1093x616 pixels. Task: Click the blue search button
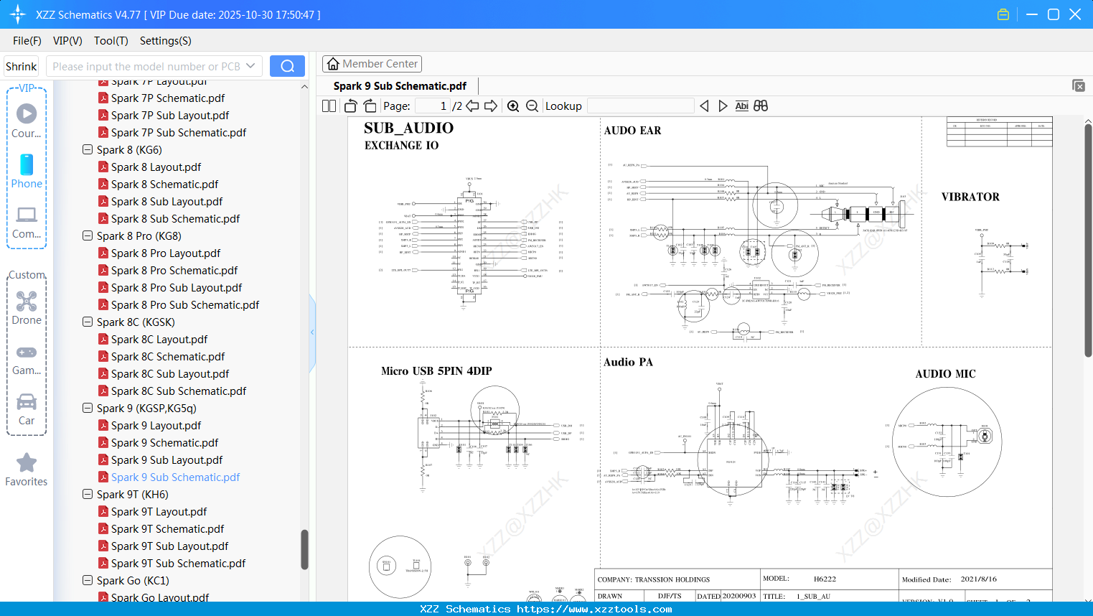coord(287,66)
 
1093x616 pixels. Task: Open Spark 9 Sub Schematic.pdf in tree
coord(175,477)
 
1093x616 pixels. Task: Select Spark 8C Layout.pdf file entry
coord(159,340)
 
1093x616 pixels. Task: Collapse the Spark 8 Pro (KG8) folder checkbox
coord(88,236)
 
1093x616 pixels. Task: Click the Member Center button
coord(372,64)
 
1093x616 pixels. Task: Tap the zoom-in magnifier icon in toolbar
coord(513,106)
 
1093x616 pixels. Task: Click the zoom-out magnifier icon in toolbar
coord(532,106)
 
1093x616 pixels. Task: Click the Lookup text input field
coord(640,106)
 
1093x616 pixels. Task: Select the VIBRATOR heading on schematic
coord(970,197)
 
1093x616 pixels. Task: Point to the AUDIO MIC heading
coord(945,374)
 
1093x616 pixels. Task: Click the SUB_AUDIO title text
coord(408,128)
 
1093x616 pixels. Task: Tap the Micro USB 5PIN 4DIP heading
coord(436,371)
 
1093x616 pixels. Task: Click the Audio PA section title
coord(628,363)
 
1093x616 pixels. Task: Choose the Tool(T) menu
coord(111,41)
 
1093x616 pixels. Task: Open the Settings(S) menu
coord(165,41)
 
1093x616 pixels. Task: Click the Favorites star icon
coord(27,463)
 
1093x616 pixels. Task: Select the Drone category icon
coord(27,302)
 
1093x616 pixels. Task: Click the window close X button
coord(1075,14)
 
